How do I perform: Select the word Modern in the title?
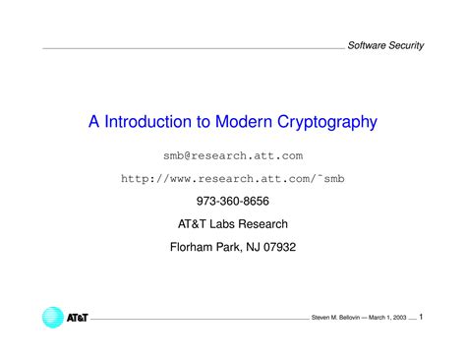pyautogui.click(x=239, y=122)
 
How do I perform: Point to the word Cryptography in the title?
pyautogui.click(x=323, y=122)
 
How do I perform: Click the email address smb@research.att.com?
pyautogui.click(x=233, y=155)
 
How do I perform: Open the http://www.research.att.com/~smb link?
pyautogui.click(x=233, y=179)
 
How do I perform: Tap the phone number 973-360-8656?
pyautogui.click(x=233, y=202)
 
